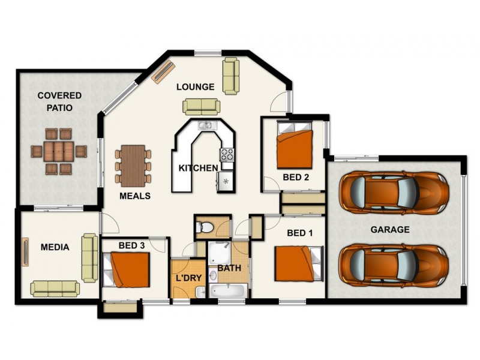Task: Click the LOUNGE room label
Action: coord(195,87)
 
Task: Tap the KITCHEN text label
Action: coord(197,167)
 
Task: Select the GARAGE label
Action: coord(389,229)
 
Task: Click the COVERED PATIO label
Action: coord(59,101)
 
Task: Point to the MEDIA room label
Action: coord(55,247)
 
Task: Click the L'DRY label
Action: coord(187,278)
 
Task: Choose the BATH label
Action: coord(229,268)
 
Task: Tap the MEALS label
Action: coord(134,196)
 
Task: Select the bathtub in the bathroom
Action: coord(227,292)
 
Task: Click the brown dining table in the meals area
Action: coord(133,166)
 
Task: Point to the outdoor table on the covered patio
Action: coord(59,151)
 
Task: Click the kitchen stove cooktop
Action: coord(227,155)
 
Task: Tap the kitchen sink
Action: coord(205,125)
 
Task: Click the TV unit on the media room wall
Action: coord(26,250)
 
